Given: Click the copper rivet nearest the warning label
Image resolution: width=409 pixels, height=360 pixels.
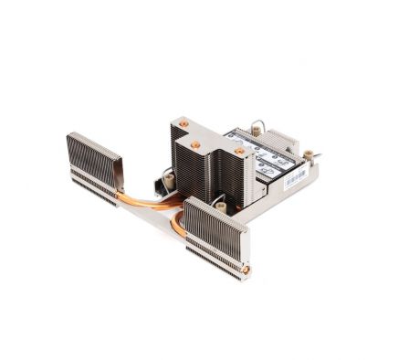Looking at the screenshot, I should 239,151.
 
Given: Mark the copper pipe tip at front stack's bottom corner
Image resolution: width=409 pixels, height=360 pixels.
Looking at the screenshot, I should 246,270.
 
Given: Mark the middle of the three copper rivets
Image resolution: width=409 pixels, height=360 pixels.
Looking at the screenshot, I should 195,143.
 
